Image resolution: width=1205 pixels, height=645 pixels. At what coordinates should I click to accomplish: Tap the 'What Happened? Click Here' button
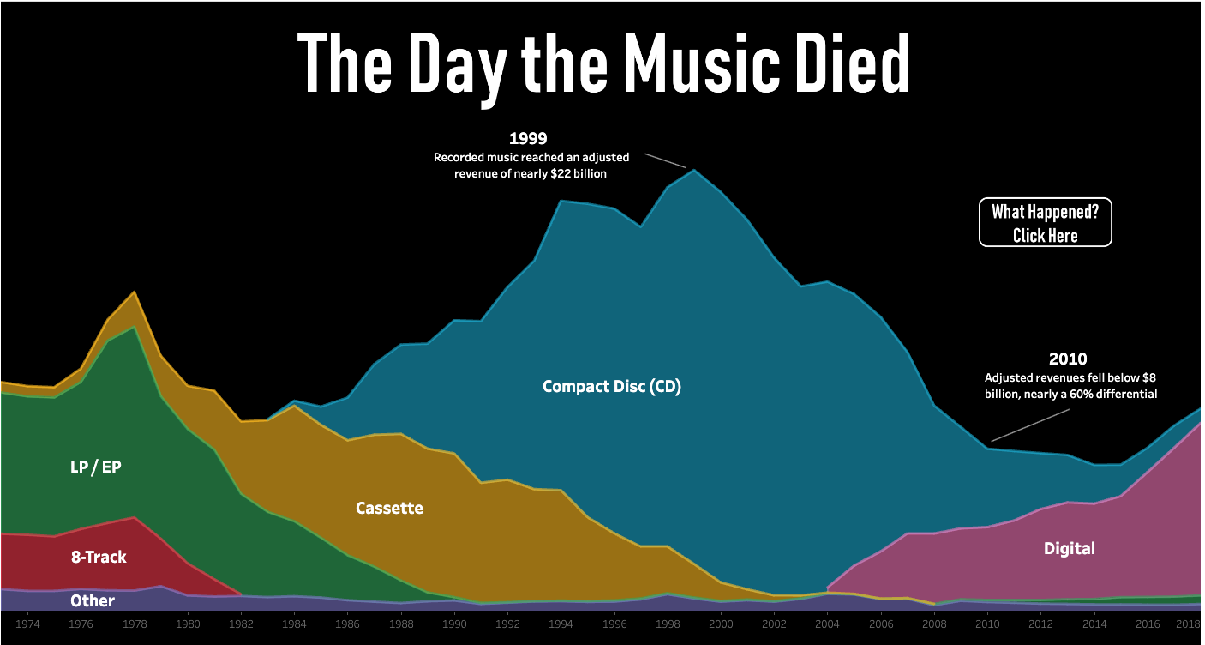pyautogui.click(x=1045, y=223)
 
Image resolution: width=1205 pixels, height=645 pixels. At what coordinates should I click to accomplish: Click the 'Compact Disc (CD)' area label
pyautogui.click(x=611, y=387)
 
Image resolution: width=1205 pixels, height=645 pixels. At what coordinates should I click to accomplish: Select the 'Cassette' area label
pyautogui.click(x=389, y=509)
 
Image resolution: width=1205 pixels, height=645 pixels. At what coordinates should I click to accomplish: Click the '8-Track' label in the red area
pyautogui.click(x=99, y=558)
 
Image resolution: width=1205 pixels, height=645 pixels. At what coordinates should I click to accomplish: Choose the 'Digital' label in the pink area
pyautogui.click(x=1069, y=549)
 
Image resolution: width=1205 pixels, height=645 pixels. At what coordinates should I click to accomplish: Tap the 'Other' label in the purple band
pyautogui.click(x=93, y=601)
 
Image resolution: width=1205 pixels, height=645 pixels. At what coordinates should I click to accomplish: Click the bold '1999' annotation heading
pyautogui.click(x=528, y=138)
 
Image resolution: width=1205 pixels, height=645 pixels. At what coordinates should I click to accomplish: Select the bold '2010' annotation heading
pyautogui.click(x=1067, y=359)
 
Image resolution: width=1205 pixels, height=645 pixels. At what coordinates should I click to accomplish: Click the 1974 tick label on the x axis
pyautogui.click(x=28, y=624)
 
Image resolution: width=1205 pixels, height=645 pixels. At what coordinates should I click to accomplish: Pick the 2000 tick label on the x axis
pyautogui.click(x=720, y=624)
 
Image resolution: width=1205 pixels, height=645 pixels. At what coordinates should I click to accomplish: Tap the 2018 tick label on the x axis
pyautogui.click(x=1188, y=624)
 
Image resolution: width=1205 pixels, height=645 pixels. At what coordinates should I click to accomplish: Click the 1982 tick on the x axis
pyautogui.click(x=241, y=624)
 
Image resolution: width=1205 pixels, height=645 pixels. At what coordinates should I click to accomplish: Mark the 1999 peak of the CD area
pyautogui.click(x=693, y=170)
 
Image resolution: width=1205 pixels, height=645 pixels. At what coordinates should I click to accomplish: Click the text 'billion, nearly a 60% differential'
pyautogui.click(x=1070, y=395)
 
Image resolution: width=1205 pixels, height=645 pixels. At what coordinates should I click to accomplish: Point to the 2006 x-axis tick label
pyautogui.click(x=879, y=624)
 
